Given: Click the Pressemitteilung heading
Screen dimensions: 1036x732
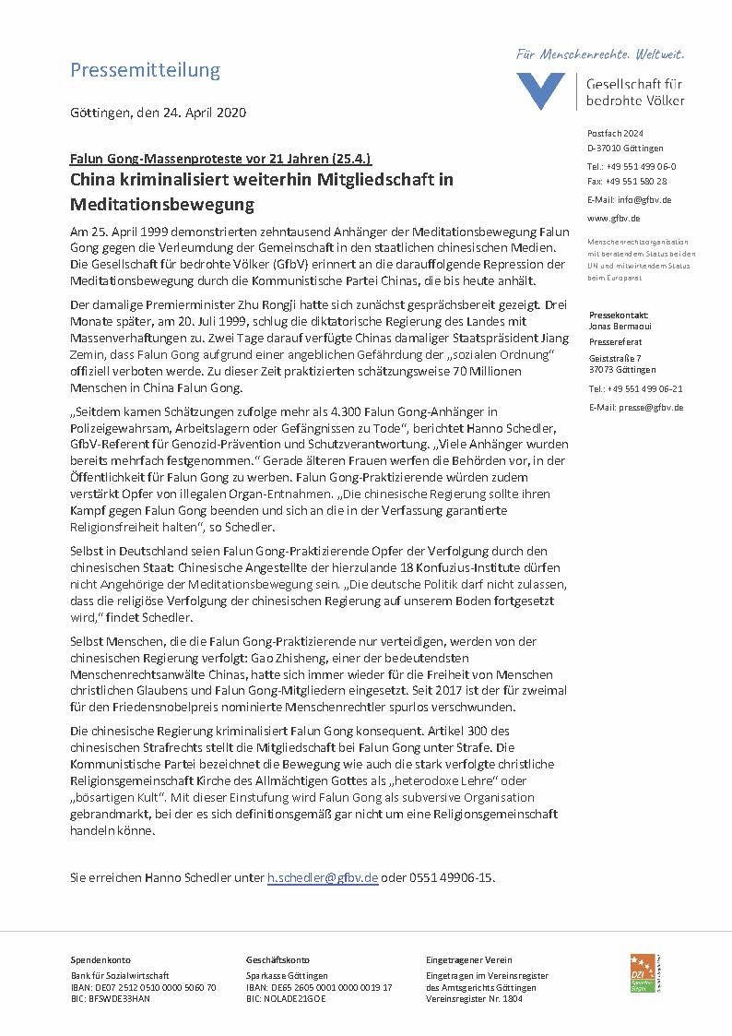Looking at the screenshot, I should pyautogui.click(x=146, y=70).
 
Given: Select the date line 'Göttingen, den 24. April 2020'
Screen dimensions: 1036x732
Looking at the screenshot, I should pyautogui.click(x=158, y=113).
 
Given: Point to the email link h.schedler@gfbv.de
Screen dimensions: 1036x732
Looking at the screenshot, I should pyautogui.click(x=323, y=877).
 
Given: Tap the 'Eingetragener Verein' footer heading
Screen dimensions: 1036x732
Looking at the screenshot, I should pyautogui.click(x=468, y=960).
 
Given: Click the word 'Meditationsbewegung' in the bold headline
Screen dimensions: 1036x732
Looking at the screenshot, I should pyautogui.click(x=162, y=202).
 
